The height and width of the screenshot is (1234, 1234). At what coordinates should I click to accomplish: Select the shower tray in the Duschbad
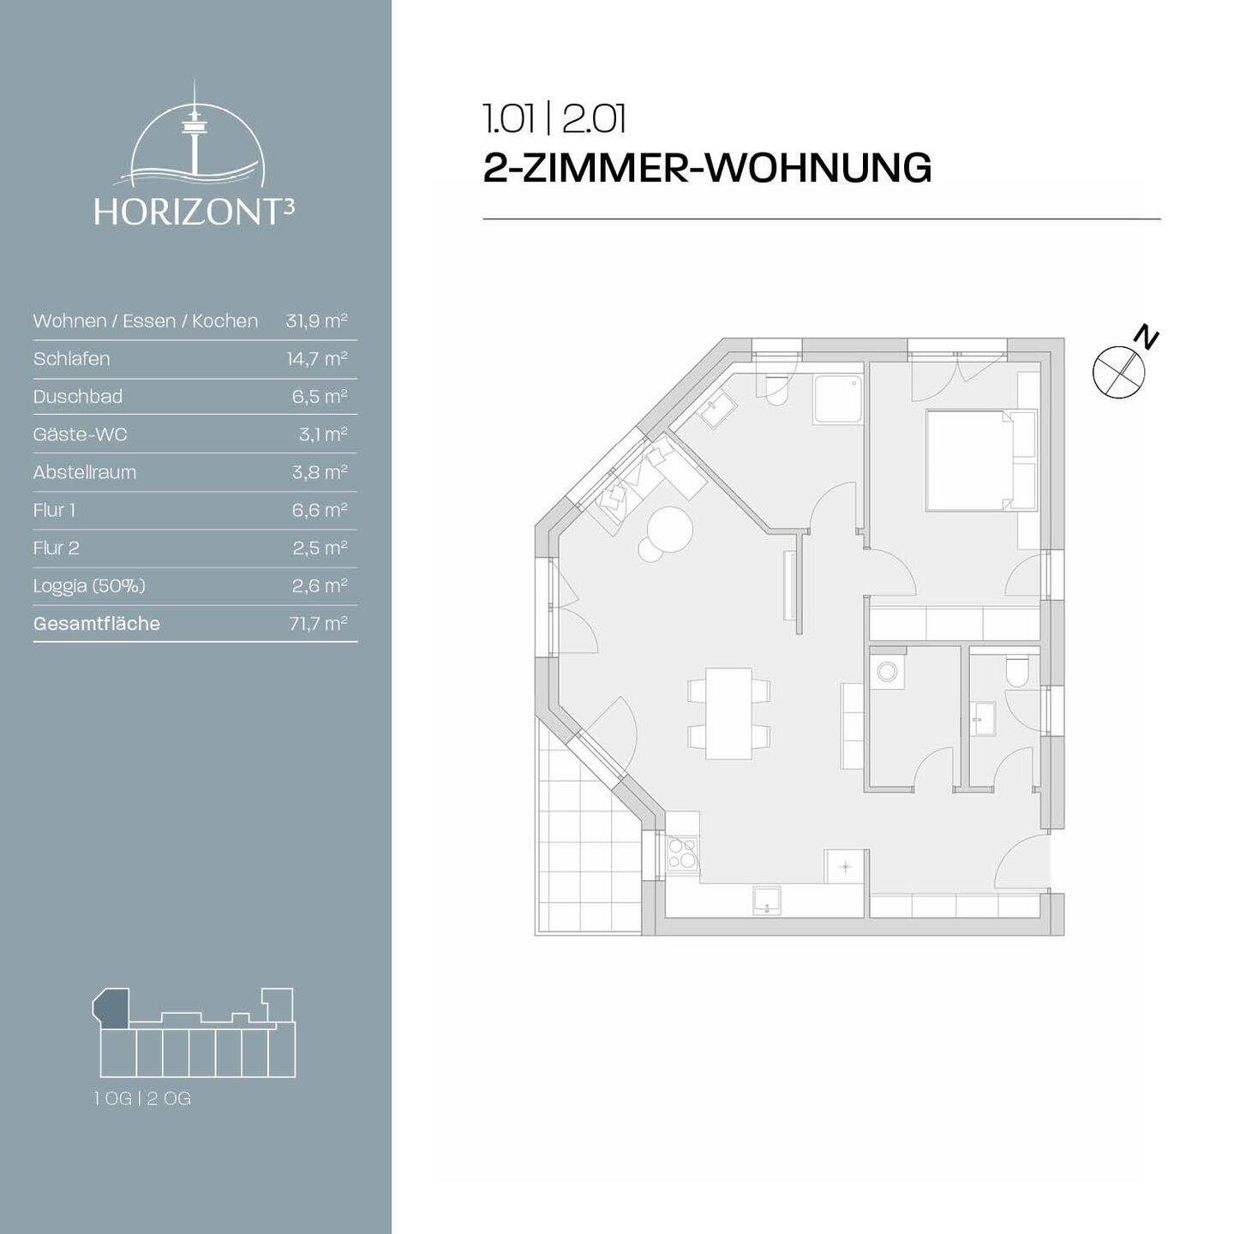(x=836, y=399)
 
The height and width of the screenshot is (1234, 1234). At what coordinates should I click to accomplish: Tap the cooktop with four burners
(x=682, y=854)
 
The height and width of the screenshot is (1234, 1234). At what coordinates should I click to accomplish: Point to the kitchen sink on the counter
(x=766, y=901)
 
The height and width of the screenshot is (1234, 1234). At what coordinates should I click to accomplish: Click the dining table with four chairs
(x=728, y=713)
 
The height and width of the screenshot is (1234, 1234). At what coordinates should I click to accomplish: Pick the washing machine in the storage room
(x=886, y=673)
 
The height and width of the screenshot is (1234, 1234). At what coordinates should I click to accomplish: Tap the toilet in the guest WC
(x=1017, y=672)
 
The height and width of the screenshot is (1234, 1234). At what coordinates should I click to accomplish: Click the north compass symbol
(x=1120, y=369)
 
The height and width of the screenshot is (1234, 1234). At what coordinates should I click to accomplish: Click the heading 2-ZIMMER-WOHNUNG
(x=707, y=168)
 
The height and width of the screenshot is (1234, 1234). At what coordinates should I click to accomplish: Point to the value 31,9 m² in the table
(x=316, y=321)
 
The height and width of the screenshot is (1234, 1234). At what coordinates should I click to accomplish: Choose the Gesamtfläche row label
(x=97, y=624)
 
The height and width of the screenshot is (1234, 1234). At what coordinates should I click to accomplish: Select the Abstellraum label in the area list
(x=85, y=472)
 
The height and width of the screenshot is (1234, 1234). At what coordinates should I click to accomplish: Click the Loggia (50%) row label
(x=89, y=586)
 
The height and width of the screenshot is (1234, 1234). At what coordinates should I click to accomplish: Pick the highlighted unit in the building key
(x=111, y=1007)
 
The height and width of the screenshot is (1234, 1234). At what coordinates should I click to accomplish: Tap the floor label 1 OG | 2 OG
(x=143, y=1099)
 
